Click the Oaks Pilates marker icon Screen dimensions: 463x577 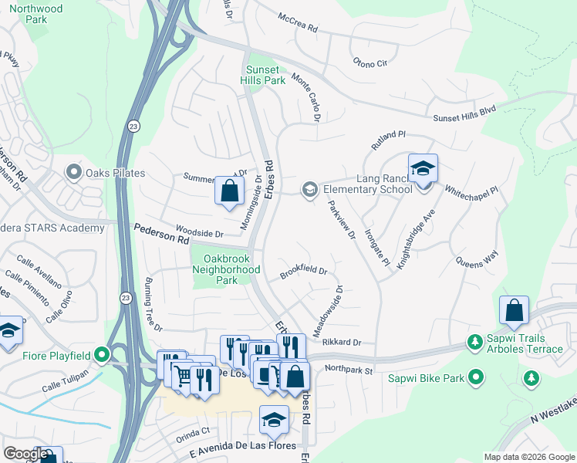click(x=74, y=172)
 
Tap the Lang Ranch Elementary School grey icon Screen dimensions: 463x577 click(x=310, y=189)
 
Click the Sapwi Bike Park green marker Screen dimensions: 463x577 click(x=476, y=377)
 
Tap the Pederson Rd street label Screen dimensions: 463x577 click(x=161, y=235)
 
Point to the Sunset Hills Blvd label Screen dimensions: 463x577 click(x=464, y=112)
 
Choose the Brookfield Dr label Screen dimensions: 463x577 click(x=304, y=272)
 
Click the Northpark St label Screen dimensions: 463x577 click(x=349, y=370)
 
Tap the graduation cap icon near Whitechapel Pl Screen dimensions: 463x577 click(x=423, y=167)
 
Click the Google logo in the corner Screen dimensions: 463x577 click(x=25, y=454)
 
